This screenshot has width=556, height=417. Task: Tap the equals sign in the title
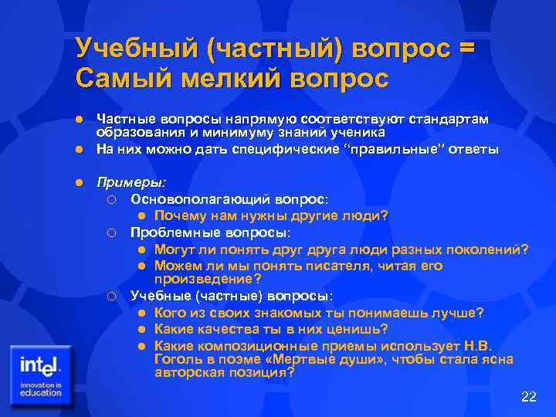[x=466, y=49]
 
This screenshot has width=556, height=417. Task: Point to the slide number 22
[x=528, y=397]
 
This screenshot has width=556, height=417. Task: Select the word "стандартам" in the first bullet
[x=453, y=120]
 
